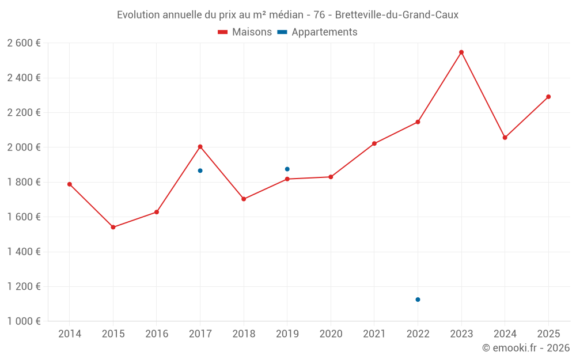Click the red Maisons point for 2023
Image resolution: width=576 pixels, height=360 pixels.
[461, 52]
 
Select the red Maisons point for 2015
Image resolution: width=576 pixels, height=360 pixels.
[113, 228]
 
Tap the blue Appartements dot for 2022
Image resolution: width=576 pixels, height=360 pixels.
[418, 300]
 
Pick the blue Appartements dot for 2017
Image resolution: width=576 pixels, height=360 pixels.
[200, 170]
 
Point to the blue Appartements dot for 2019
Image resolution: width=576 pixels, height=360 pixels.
[287, 169]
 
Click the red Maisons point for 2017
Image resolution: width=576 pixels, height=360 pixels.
[200, 147]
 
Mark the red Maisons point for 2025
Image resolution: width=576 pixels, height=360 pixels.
[548, 97]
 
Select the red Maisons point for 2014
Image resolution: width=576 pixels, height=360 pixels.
[70, 184]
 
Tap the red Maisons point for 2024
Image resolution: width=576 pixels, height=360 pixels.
[505, 138]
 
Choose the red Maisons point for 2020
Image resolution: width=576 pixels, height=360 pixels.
[331, 177]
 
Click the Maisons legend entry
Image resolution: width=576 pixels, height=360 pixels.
[245, 32]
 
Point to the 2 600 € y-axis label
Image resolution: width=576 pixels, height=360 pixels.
[24, 43]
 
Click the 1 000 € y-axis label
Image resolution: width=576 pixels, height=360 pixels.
[24, 321]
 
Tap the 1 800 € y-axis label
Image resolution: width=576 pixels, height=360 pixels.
[24, 182]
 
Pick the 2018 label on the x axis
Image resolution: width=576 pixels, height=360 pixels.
[244, 334]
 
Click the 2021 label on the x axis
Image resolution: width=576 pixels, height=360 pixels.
[374, 334]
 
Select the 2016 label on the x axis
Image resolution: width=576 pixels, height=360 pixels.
[157, 334]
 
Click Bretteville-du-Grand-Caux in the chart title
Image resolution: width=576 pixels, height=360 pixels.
[397, 15]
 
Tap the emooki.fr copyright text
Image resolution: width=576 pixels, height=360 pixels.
[525, 348]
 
